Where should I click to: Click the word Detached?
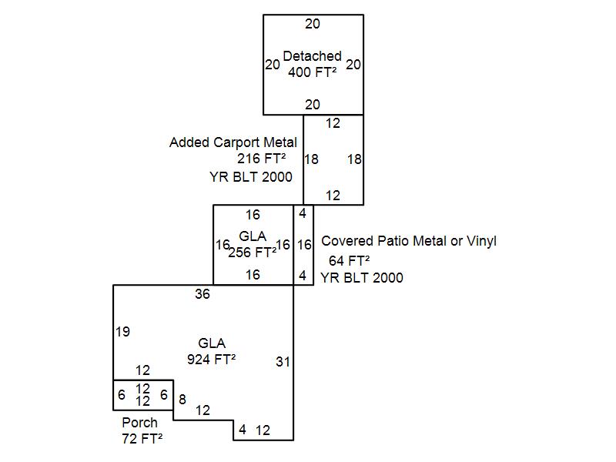tap(312, 56)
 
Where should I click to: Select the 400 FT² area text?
tap(312, 72)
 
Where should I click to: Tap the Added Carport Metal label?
tap(233, 142)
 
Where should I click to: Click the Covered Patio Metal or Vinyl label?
tap(408, 241)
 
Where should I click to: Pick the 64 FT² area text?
tap(350, 260)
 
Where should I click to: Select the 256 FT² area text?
tap(252, 252)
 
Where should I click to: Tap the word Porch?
tap(139, 423)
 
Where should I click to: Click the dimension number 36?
tap(203, 293)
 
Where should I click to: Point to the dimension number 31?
tap(283, 362)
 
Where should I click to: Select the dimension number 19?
tap(122, 332)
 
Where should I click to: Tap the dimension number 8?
tap(182, 399)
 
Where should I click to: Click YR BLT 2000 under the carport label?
tap(251, 176)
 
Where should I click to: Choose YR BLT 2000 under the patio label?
tap(362, 278)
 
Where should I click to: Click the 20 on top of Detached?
tap(312, 24)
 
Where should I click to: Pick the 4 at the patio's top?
tap(303, 213)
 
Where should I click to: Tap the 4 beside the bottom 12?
tap(243, 430)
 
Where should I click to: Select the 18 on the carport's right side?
tap(354, 159)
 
